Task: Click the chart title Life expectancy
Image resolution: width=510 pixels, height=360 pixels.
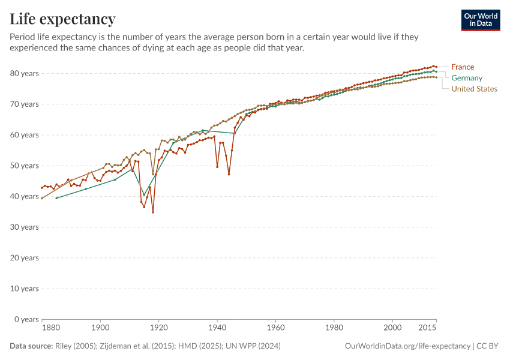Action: coord(62,19)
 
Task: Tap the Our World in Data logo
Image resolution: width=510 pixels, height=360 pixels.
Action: coord(480,20)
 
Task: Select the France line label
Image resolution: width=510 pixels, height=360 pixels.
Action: coord(463,67)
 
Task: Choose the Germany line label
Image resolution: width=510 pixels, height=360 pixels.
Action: coord(467,78)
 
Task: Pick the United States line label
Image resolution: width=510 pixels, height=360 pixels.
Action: coord(474,89)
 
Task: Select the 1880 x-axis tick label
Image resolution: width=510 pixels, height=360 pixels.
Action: coord(51,328)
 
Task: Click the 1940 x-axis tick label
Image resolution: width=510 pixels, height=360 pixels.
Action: coord(217,328)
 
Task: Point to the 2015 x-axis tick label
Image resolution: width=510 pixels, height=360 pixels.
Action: coord(427,328)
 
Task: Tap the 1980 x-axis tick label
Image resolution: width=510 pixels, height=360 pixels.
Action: coord(334,328)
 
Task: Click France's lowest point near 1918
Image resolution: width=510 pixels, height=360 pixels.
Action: coord(153,212)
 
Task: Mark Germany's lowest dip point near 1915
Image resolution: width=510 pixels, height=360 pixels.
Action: coord(144,195)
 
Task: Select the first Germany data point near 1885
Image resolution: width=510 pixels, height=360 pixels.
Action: coord(56,198)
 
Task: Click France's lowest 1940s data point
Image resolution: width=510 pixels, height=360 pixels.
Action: coord(229,174)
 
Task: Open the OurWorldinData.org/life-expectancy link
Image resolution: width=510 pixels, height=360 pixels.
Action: coord(407,346)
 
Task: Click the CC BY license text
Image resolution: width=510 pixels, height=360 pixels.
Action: coord(488,346)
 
